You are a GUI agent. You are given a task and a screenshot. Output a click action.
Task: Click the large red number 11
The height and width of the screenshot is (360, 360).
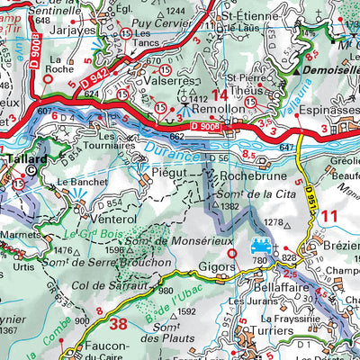pyautogui.click(x=328, y=215)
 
